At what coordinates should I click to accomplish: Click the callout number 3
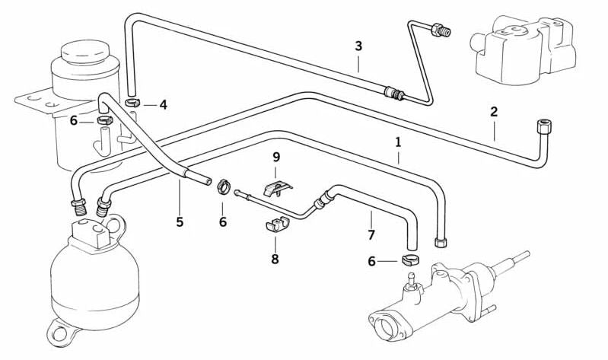(x=358, y=46)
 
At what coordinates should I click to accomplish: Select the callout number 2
(x=494, y=112)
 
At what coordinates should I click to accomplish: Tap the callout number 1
(x=398, y=142)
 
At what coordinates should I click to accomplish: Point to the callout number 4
(x=164, y=104)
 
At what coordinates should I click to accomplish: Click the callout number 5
(x=180, y=222)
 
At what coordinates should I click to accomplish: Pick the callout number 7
(x=371, y=235)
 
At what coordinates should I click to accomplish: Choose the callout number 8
(x=275, y=259)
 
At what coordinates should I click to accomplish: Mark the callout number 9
(x=276, y=157)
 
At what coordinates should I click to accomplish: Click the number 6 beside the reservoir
(x=74, y=121)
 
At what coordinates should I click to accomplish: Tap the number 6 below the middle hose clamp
(x=222, y=222)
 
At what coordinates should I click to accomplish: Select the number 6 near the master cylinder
(x=371, y=262)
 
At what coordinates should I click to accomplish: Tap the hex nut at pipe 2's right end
(x=542, y=126)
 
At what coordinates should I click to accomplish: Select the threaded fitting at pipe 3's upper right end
(x=440, y=30)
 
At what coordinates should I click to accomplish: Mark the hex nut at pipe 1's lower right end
(x=441, y=242)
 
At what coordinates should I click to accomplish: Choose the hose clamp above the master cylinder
(x=411, y=260)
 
